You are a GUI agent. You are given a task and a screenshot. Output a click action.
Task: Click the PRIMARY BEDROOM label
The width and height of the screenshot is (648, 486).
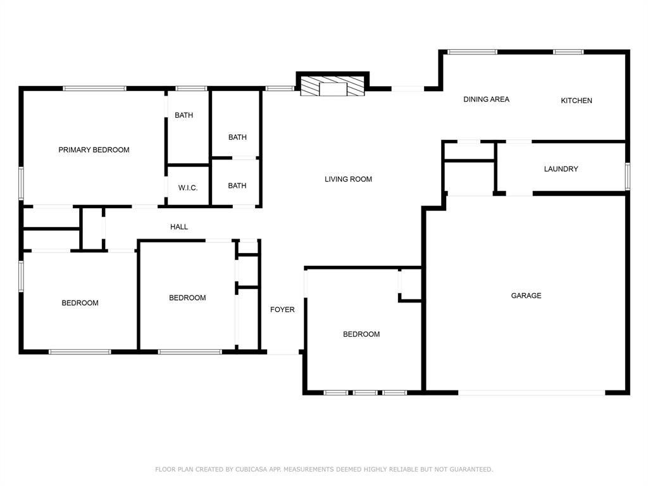[94, 150]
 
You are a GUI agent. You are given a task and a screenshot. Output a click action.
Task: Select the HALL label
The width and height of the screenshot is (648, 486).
[179, 227]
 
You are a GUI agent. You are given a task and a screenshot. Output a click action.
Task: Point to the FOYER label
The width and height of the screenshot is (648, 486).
[282, 309]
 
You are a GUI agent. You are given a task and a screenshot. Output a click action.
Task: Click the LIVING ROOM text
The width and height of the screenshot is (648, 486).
[348, 179]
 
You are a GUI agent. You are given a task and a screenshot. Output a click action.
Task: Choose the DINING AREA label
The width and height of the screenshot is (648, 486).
[486, 99]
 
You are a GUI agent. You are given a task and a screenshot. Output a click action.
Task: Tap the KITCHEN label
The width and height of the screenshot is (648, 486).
[576, 101]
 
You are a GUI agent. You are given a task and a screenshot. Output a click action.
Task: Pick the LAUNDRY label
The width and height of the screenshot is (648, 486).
[561, 169]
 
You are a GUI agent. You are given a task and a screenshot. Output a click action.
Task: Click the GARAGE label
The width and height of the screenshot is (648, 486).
[526, 296]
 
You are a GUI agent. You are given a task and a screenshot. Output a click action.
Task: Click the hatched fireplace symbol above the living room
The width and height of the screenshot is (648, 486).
[333, 87]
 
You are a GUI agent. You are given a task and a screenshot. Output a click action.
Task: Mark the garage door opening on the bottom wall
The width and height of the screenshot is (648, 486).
[531, 393]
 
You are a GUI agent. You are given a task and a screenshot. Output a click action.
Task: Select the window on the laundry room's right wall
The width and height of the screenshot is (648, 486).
[627, 176]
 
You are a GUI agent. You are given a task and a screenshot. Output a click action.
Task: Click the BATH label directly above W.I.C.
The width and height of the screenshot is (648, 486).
[184, 115]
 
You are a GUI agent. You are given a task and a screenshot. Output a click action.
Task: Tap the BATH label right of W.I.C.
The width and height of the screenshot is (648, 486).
[237, 185]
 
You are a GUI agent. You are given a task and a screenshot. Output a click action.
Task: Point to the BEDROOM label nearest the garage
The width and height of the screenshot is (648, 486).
[361, 334]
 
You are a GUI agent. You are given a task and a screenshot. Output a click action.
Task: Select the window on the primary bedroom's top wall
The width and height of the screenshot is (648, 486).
[95, 89]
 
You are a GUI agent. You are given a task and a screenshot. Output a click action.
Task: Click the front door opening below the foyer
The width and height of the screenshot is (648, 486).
[283, 351]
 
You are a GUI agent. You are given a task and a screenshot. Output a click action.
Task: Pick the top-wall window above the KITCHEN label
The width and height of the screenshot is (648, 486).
[568, 52]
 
